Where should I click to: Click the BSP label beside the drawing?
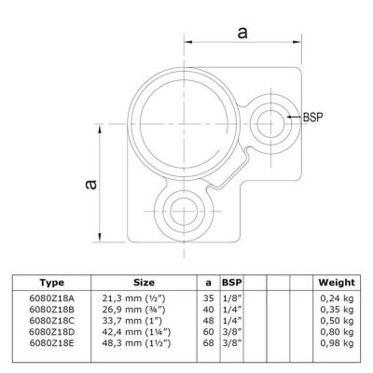[x=312, y=117]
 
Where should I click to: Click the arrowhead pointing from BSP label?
[x=290, y=117]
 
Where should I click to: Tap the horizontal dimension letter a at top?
[x=242, y=32]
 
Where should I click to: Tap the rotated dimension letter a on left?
[x=91, y=184]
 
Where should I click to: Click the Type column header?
[x=52, y=283]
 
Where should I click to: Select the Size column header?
[x=144, y=283]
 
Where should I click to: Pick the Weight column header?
[x=337, y=283]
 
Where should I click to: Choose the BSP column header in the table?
[x=232, y=283]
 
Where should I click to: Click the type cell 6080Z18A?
[x=52, y=298]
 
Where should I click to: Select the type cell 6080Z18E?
[x=52, y=343]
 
